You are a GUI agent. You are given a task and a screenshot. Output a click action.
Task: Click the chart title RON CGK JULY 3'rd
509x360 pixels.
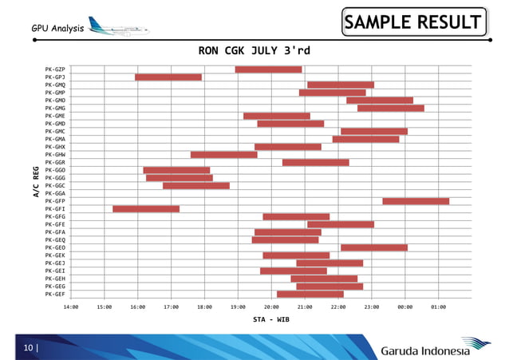click(254, 51)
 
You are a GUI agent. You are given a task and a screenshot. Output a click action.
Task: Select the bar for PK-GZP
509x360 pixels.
click(268, 69)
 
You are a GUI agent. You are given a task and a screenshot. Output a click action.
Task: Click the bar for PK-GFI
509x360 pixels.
click(146, 209)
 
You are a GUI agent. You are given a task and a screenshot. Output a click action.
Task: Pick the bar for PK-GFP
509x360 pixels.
click(416, 201)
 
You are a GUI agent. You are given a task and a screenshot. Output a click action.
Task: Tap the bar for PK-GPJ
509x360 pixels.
click(168, 77)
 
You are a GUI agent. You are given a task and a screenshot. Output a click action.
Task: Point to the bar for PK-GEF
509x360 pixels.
click(310, 295)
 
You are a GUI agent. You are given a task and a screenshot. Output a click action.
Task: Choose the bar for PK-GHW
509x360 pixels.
click(223, 155)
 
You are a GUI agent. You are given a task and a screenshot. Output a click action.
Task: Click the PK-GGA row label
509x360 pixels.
click(55, 193)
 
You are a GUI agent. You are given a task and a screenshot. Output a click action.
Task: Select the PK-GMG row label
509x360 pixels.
click(55, 108)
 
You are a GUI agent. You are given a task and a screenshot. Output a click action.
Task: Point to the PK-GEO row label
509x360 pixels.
click(55, 247)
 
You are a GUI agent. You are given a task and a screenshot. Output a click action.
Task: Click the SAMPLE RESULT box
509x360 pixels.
click(413, 22)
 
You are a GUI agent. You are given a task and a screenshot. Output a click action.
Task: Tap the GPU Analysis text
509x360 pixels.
click(57, 29)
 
